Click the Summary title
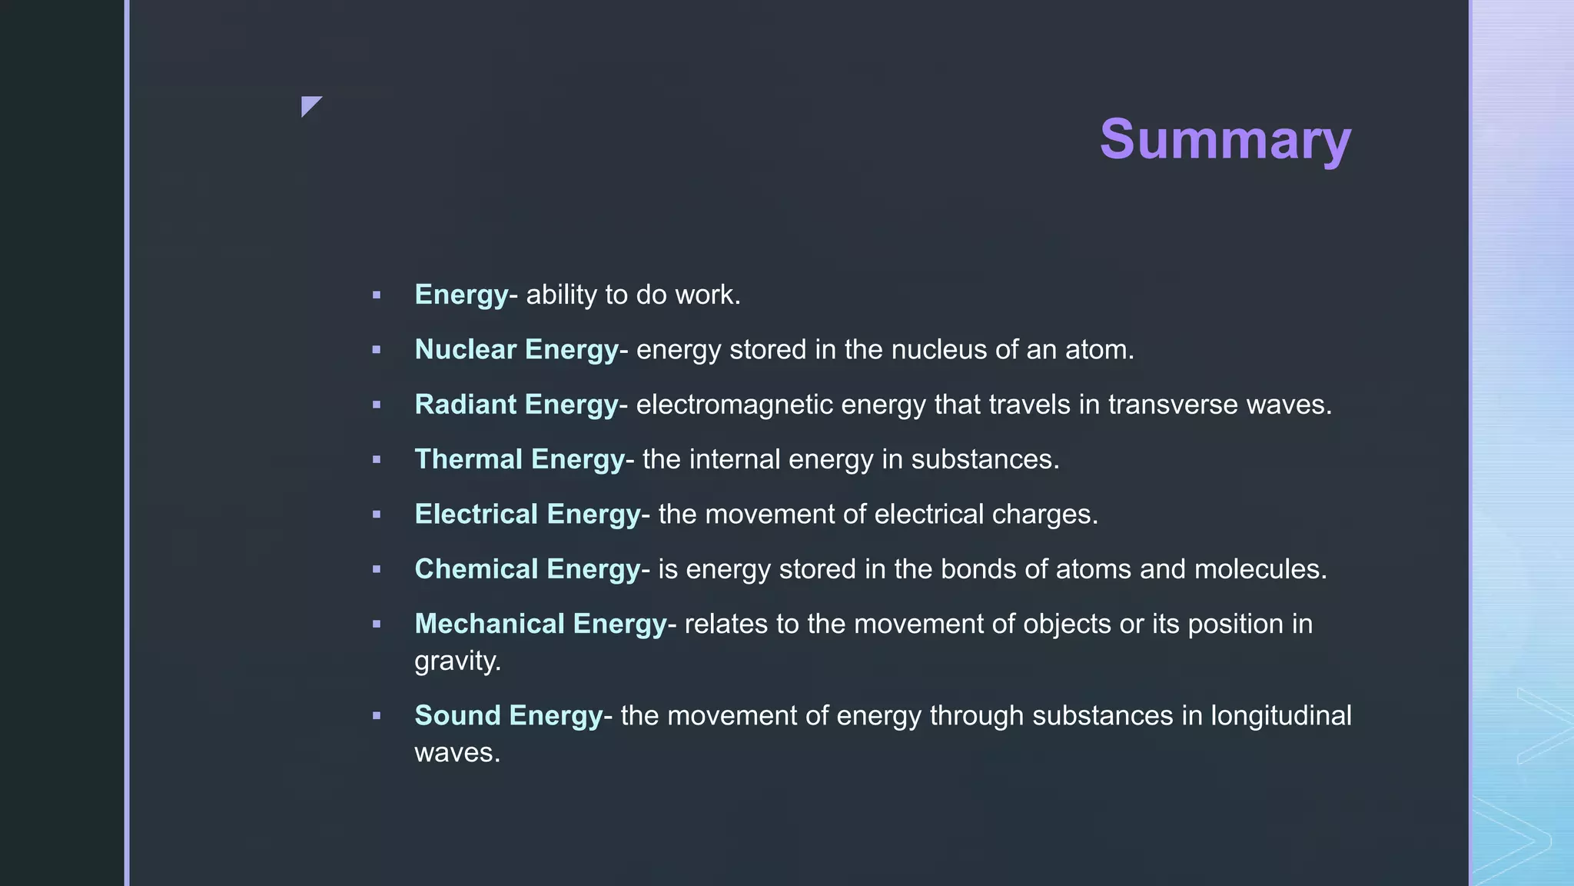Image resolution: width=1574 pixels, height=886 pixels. point(1225,139)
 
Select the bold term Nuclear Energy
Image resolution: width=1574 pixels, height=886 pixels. point(516,350)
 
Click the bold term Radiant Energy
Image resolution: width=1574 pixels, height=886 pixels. point(516,405)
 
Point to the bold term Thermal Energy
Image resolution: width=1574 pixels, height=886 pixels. point(520,459)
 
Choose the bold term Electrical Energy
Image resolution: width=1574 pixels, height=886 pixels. point(527,515)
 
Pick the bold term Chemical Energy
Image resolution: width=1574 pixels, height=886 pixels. point(527,569)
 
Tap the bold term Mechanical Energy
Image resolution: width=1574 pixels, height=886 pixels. point(540,624)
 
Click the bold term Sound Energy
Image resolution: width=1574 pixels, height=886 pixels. point(508,715)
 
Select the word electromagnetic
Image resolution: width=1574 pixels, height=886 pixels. point(734,405)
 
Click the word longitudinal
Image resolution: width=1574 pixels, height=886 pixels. point(1280,715)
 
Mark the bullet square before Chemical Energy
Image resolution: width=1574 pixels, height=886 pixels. point(377,570)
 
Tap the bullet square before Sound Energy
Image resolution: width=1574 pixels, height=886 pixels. point(377,716)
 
